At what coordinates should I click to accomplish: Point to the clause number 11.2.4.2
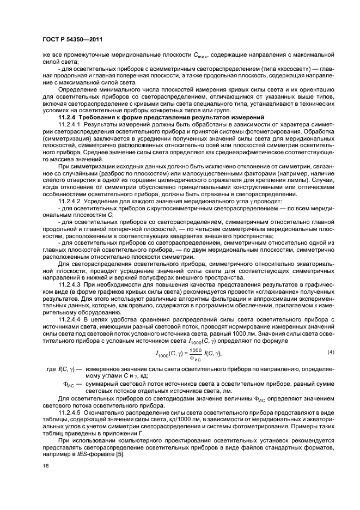(71, 201)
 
